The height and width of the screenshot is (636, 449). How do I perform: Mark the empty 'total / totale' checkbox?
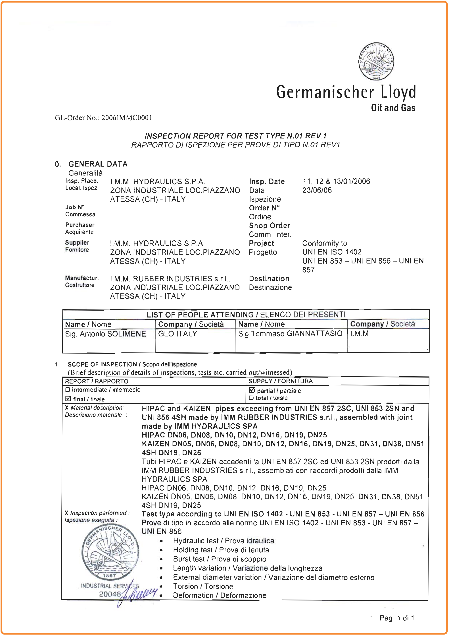point(251,398)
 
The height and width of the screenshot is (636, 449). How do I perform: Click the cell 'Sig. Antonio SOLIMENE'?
point(105,334)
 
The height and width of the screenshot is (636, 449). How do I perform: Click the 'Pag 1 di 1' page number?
point(397,618)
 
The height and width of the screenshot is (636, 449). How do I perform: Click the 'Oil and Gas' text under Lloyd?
point(393,108)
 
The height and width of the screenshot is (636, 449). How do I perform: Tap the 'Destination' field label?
point(269,278)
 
